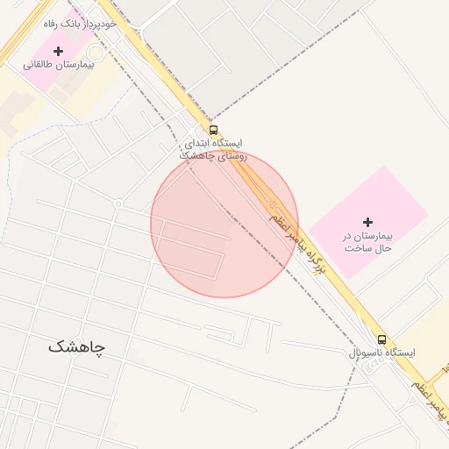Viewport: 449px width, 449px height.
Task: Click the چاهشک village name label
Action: coord(76,346)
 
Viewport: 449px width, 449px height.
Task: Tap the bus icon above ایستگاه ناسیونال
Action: coord(381,339)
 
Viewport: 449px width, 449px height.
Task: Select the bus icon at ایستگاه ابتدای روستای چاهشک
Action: coord(214,131)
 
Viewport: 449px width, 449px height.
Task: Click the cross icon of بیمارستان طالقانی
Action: coord(58,52)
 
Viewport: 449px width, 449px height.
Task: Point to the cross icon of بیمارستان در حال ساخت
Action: coord(367,222)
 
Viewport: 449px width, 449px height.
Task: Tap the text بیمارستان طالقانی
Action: coord(58,66)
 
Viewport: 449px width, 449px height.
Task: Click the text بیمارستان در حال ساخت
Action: coord(367,242)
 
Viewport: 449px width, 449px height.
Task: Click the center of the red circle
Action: coord(224,224)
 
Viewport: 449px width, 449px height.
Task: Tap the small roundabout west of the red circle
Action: coord(118,203)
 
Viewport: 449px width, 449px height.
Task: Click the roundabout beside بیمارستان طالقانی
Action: coord(94,53)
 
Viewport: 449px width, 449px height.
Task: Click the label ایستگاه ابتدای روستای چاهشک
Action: coord(214,148)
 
